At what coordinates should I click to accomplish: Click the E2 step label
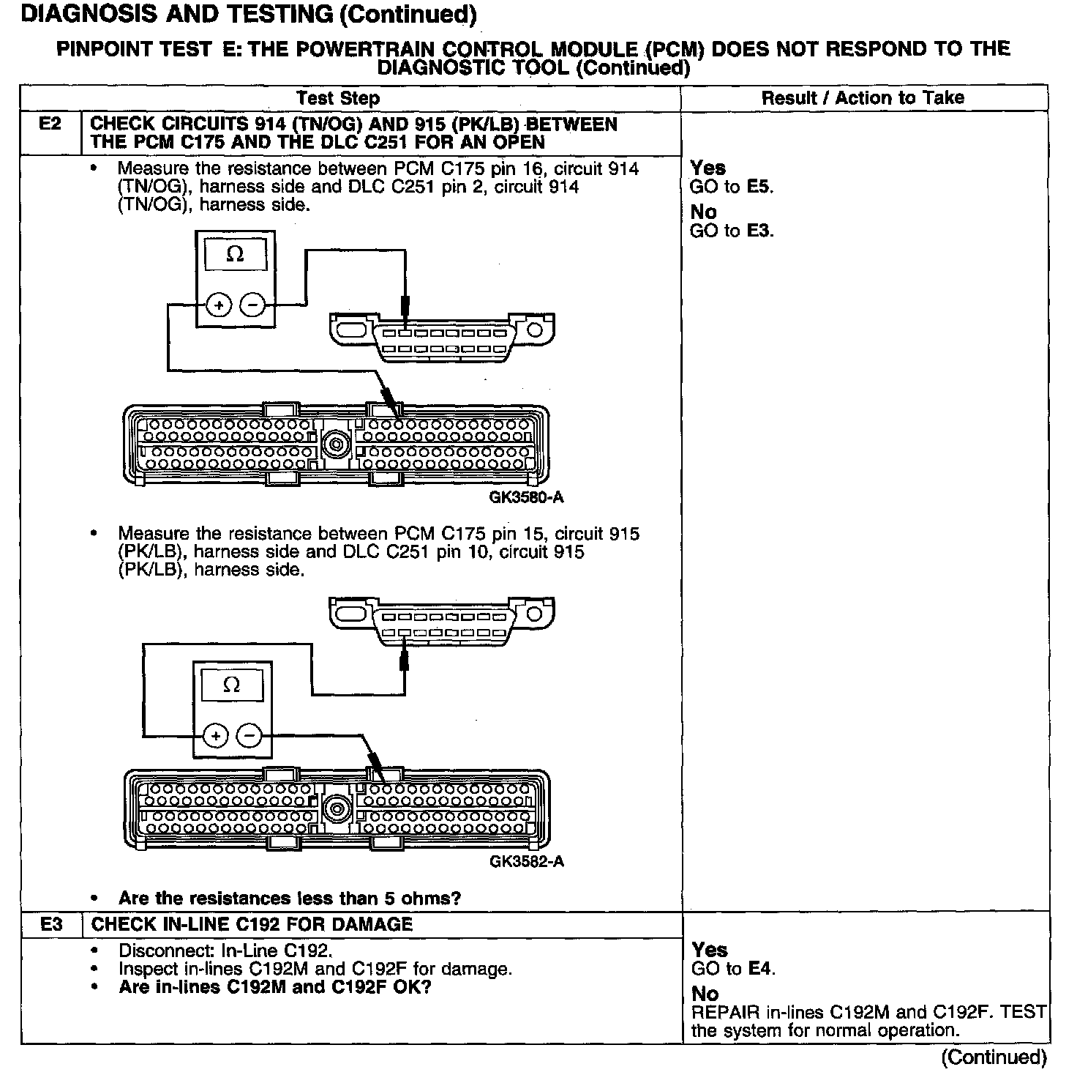click(50, 124)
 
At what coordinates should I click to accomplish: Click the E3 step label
click(51, 924)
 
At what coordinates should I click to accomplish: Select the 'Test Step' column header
click(338, 98)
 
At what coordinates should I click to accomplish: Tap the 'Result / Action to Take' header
click(863, 98)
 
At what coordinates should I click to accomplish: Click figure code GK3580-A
click(527, 497)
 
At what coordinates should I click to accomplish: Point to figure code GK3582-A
click(527, 861)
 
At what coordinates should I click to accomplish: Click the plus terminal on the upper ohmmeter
click(218, 304)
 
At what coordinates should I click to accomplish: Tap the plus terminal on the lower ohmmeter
click(215, 735)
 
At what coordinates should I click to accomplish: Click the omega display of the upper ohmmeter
click(235, 255)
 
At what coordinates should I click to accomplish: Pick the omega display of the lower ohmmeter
click(231, 685)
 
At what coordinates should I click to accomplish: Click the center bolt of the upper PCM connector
click(337, 444)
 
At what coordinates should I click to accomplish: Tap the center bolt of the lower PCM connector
click(337, 809)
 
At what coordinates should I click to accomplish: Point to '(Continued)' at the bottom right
click(994, 1057)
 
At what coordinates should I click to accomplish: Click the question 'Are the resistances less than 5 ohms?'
click(290, 898)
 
